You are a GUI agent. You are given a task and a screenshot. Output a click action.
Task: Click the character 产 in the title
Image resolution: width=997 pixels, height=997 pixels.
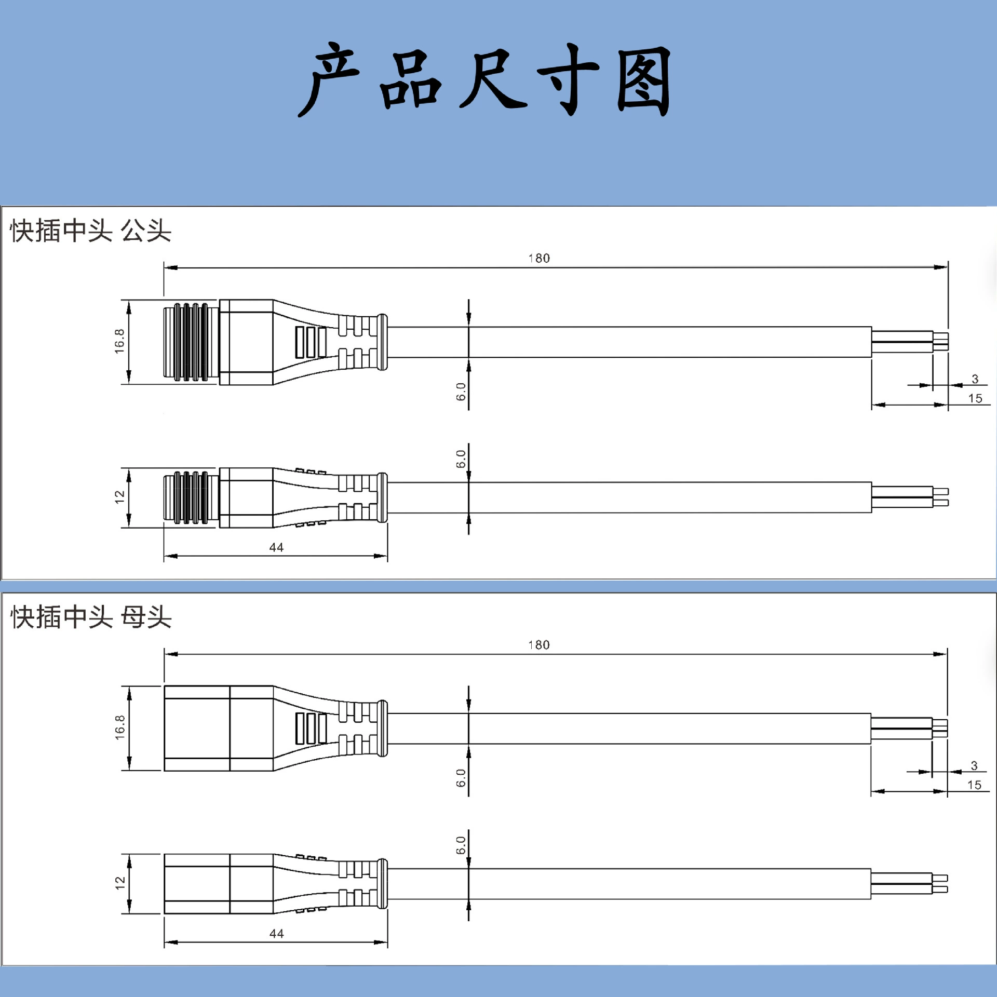pos(329,79)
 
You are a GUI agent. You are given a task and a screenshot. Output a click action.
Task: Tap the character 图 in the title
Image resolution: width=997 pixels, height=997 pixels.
pos(644,80)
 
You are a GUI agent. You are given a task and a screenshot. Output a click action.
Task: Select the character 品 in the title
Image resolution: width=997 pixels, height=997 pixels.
pos(410,80)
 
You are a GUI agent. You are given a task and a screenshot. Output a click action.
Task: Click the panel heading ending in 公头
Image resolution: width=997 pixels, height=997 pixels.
pos(90,231)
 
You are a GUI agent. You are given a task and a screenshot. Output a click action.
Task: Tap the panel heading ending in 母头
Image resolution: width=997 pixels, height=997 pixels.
pos(90,617)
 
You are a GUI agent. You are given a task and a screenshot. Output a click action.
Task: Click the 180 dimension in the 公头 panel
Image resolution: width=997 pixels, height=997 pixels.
pos(539,258)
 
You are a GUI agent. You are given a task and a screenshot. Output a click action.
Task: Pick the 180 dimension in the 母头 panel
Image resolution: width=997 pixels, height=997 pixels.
pos(539,645)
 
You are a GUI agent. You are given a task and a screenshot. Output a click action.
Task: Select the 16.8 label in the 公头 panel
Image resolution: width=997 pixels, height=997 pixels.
pos(119,341)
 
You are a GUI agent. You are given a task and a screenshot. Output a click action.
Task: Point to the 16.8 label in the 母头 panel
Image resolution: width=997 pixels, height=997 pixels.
pos(120,727)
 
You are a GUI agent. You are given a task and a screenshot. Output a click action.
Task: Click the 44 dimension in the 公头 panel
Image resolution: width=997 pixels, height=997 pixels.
pos(276,547)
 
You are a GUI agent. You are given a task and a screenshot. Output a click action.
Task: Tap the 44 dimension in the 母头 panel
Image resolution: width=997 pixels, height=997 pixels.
pos(277,934)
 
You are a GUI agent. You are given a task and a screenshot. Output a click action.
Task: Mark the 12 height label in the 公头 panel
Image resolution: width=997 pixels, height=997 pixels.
pos(120,497)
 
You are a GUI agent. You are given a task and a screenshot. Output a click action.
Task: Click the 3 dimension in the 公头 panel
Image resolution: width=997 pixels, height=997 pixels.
pos(975,379)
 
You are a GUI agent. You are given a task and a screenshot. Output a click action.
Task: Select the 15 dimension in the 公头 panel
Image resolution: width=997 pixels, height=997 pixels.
pos(975,398)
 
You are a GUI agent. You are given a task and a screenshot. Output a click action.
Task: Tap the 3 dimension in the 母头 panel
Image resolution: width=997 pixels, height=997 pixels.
pos(974,765)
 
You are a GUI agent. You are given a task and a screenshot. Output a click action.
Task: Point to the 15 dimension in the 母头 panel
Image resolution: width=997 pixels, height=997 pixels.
pos(974,785)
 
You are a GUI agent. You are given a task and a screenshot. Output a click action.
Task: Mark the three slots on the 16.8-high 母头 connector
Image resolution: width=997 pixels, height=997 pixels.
pos(311,729)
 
